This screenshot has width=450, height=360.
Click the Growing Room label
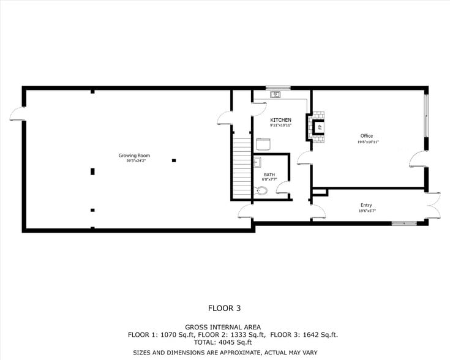click(x=134, y=156)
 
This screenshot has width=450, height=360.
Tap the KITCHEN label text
click(x=280, y=119)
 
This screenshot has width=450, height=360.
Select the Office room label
click(x=366, y=136)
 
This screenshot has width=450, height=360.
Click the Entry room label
click(x=366, y=205)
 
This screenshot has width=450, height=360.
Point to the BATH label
click(x=269, y=174)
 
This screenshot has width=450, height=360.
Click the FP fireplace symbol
click(x=318, y=127)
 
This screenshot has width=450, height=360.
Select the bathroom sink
click(x=258, y=162)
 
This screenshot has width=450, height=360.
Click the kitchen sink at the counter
click(x=276, y=94)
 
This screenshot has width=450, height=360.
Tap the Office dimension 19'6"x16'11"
click(x=368, y=142)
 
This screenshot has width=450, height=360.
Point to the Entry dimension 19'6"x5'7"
click(x=367, y=211)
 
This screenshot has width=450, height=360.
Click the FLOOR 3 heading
click(x=225, y=308)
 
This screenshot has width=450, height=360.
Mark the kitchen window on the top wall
click(x=278, y=88)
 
